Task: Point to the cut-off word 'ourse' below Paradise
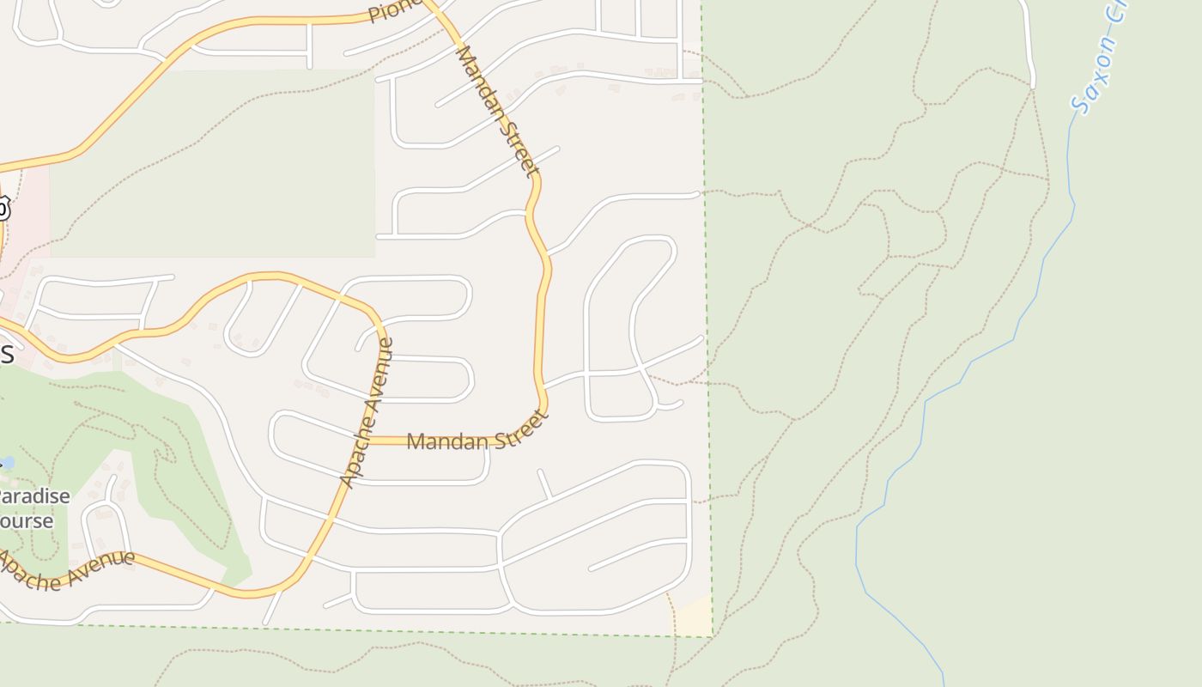tap(26, 520)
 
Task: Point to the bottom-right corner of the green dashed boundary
tap(712, 636)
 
